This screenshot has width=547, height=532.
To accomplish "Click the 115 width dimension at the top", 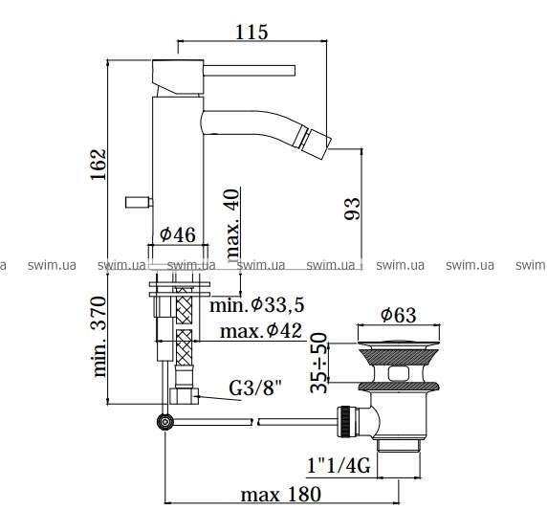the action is click(252, 33).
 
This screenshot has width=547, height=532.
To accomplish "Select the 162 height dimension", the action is click(98, 165).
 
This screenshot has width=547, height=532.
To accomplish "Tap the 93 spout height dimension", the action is click(352, 209).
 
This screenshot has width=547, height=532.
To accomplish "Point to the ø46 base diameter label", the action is click(178, 234).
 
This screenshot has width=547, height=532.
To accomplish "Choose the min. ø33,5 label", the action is click(257, 304).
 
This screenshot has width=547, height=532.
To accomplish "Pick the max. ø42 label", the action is click(261, 330).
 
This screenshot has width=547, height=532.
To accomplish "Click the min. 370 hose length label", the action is click(99, 337).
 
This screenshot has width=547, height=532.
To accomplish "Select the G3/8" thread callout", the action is click(255, 388).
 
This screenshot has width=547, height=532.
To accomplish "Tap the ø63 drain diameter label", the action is click(399, 315).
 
